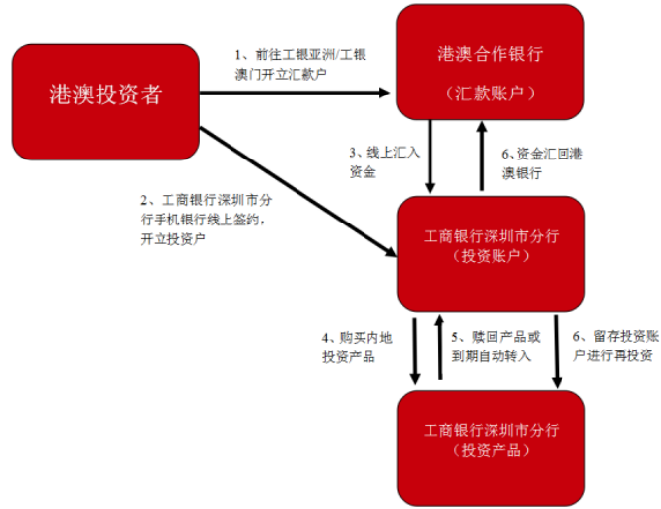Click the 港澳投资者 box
coord(105,98)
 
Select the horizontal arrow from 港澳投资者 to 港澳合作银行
coord(296,94)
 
